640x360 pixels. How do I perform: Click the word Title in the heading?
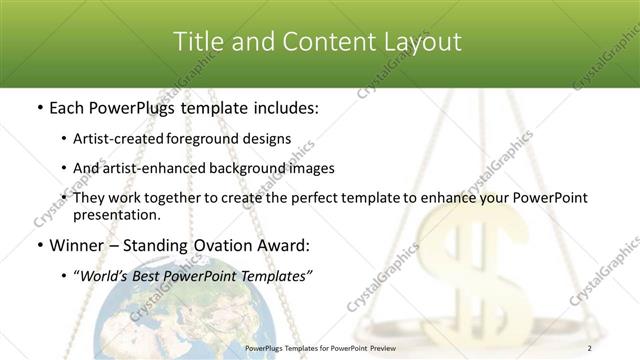(198, 42)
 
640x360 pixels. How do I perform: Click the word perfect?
(322, 198)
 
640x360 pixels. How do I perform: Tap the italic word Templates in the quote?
(275, 275)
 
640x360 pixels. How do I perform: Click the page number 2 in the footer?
(591, 348)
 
